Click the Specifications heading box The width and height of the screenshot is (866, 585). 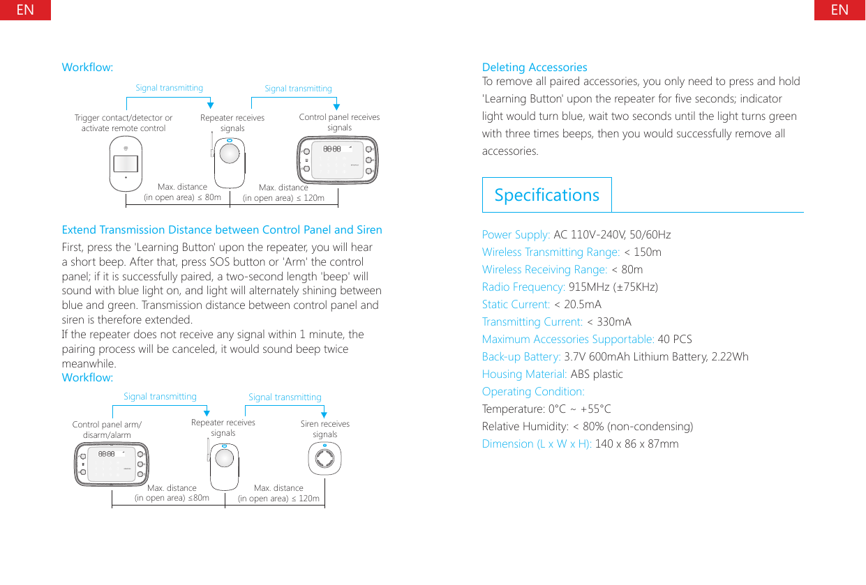click(546, 195)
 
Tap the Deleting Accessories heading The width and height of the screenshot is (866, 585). click(535, 67)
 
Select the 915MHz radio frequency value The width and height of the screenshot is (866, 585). click(613, 287)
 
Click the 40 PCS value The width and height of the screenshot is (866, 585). click(675, 339)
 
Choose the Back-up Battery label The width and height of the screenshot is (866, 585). click(521, 356)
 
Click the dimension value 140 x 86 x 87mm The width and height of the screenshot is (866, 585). click(636, 443)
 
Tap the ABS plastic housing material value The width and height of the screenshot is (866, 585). click(597, 374)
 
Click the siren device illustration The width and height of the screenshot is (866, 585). click(324, 461)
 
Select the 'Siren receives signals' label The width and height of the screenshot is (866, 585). click(324, 429)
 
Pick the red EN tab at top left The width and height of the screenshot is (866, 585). click(25, 10)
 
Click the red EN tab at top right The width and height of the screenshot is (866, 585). click(839, 10)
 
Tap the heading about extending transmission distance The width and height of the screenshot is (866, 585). click(222, 229)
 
